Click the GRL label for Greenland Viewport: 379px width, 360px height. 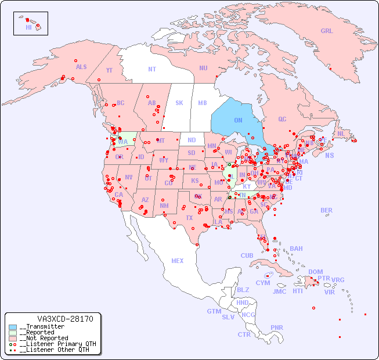point(327,31)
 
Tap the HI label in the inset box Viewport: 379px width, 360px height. point(28,27)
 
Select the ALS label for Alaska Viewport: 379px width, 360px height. point(81,67)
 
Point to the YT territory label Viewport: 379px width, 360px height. point(109,70)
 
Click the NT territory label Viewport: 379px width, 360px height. point(152,69)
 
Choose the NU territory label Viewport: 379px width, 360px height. point(203,68)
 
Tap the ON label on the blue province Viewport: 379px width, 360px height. point(238,120)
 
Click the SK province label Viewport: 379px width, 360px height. point(179,103)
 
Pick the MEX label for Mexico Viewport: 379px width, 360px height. point(178,261)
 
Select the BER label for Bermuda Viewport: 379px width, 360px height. point(327,210)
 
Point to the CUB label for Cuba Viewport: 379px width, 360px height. point(247,255)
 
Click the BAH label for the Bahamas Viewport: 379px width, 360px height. point(296,249)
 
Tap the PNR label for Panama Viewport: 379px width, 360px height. point(277,327)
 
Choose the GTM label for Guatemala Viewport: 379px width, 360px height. point(214,311)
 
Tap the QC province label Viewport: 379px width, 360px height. point(282,119)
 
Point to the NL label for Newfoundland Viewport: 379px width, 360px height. point(341,133)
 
